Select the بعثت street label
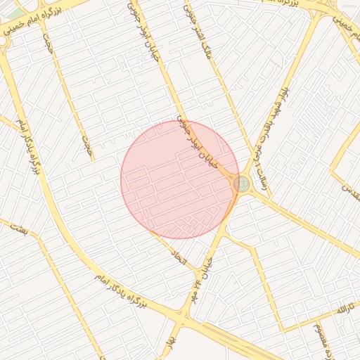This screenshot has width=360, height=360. (18, 229)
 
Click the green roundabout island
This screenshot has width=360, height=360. (242, 184)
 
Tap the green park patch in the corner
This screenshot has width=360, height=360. (15, 13)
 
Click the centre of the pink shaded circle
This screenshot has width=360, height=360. (180, 180)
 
